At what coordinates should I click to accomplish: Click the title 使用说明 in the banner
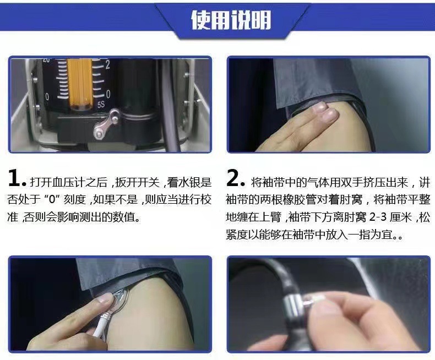(x=231, y=20)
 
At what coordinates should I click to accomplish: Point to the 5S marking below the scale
(x=101, y=105)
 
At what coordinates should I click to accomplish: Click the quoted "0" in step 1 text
(x=52, y=199)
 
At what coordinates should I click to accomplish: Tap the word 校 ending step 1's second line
(x=206, y=199)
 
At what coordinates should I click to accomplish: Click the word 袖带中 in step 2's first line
(x=278, y=183)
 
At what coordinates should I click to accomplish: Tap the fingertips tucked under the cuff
(x=324, y=113)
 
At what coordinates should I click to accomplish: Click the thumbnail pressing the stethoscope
(x=105, y=299)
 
